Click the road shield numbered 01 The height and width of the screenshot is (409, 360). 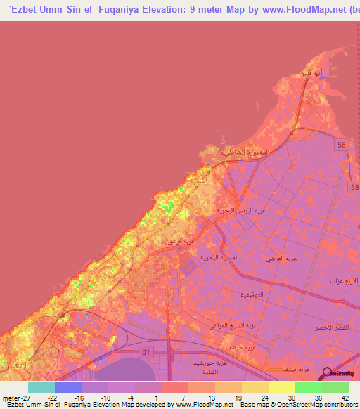[146, 351]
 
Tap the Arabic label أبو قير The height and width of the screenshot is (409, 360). [311, 74]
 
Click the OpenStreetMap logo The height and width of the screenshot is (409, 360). [341, 375]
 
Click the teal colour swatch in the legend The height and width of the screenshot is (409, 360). [41, 387]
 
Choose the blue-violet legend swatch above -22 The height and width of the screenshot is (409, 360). [67, 387]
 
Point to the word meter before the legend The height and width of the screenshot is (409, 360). [9, 398]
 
